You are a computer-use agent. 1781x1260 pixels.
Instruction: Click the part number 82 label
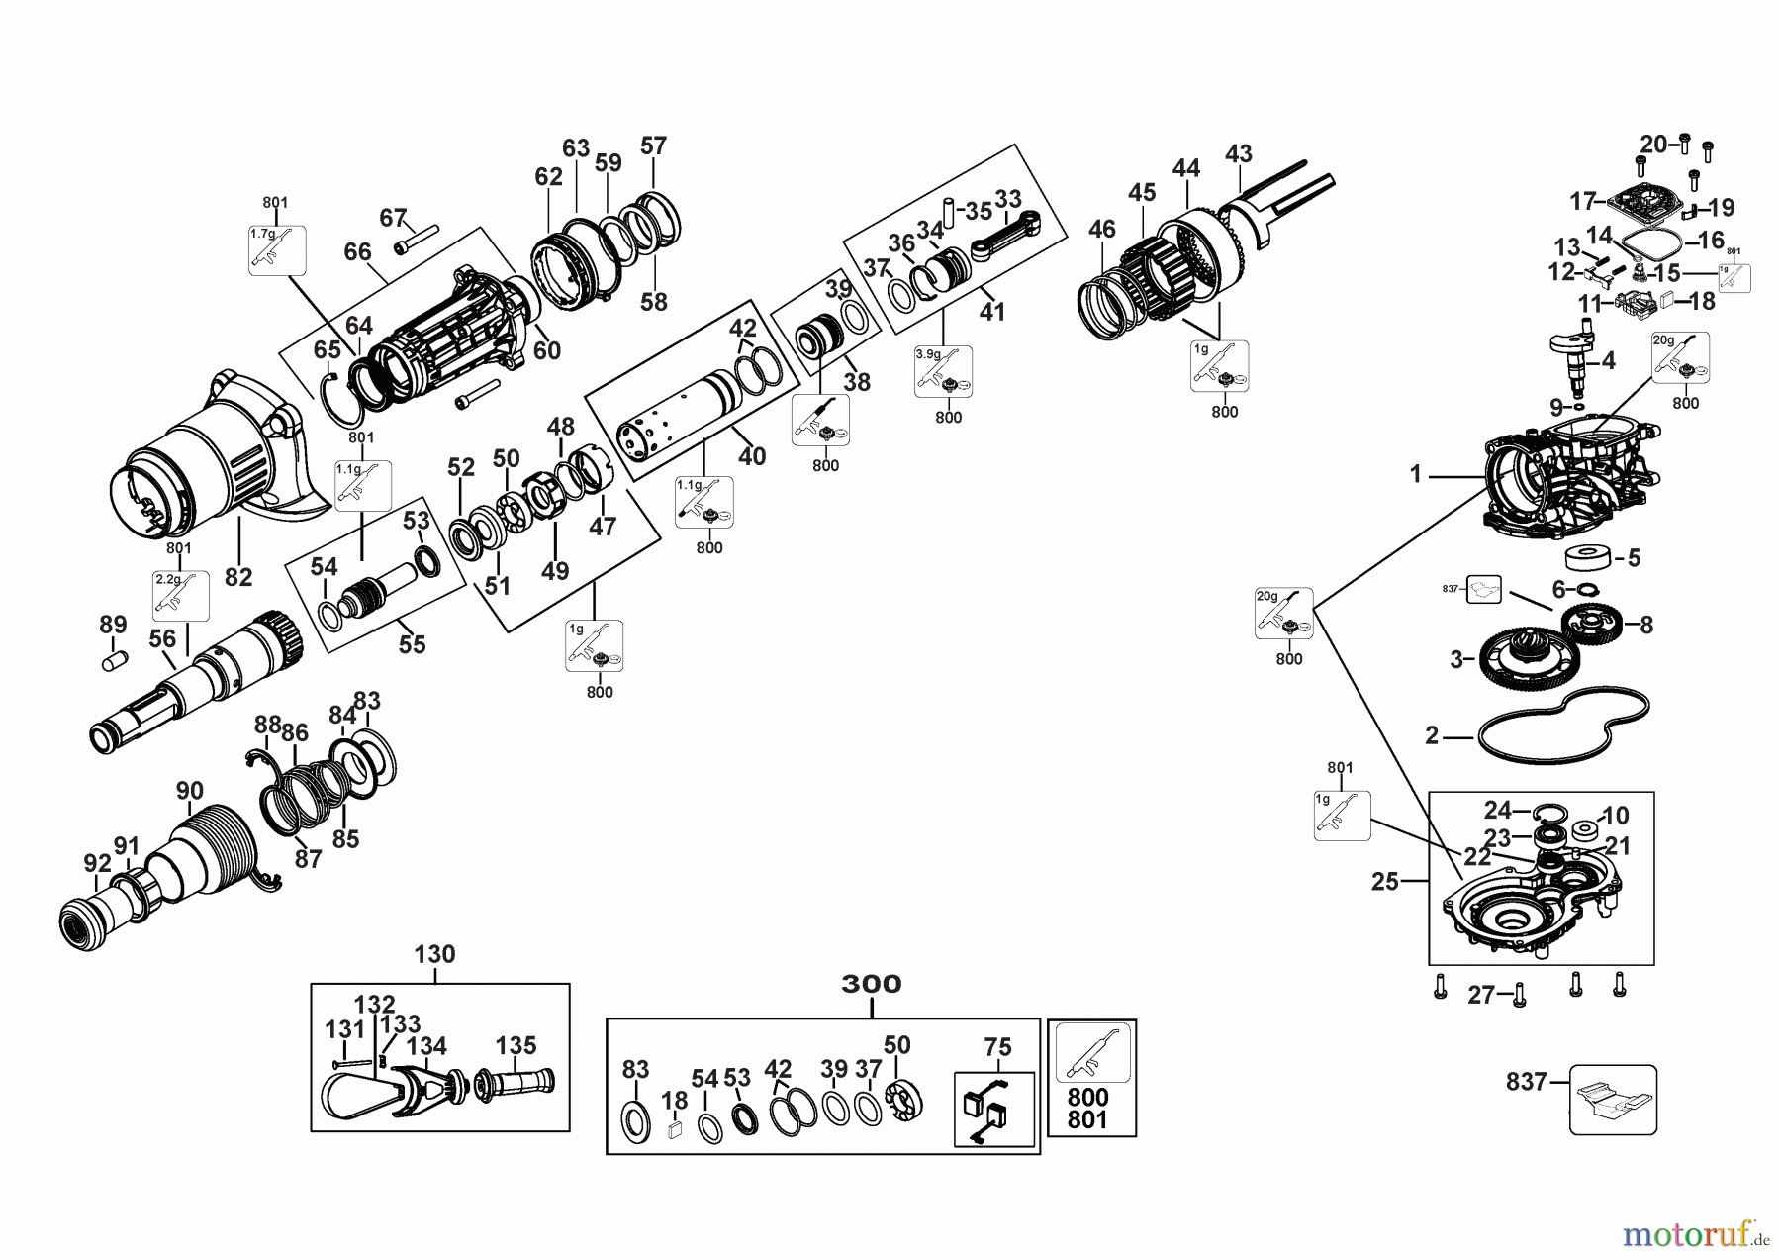pyautogui.click(x=238, y=576)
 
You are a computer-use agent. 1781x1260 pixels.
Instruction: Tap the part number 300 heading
pyautogui.click(x=872, y=984)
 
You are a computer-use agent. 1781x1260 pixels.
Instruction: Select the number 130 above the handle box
pyautogui.click(x=434, y=954)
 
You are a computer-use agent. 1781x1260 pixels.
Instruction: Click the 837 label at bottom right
pyautogui.click(x=1526, y=1082)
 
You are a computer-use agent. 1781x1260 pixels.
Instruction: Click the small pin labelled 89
pyautogui.click(x=115, y=658)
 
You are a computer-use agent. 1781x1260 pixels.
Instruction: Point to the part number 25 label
pyautogui.click(x=1384, y=881)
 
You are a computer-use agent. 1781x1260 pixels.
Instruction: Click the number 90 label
pyautogui.click(x=189, y=791)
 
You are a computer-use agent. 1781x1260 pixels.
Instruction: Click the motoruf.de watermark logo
pyautogui.click(x=1693, y=1231)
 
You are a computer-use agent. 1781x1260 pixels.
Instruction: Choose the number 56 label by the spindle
pyautogui.click(x=162, y=639)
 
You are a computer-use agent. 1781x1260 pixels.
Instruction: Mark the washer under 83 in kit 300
pyautogui.click(x=635, y=1118)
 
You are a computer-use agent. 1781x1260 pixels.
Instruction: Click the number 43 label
pyautogui.click(x=1238, y=153)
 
